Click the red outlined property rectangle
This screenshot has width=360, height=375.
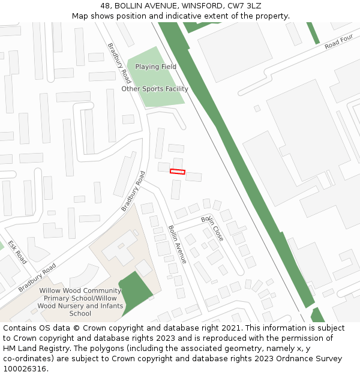(178, 172)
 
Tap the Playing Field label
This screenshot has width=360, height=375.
(155, 67)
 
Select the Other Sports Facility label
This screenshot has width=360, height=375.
(155, 89)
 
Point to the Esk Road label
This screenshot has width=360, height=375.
(17, 253)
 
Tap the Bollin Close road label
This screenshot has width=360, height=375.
(212, 228)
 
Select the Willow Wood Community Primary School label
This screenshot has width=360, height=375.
(80, 294)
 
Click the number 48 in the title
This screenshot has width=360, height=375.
(106, 5)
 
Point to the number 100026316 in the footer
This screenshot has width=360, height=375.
(24, 369)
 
